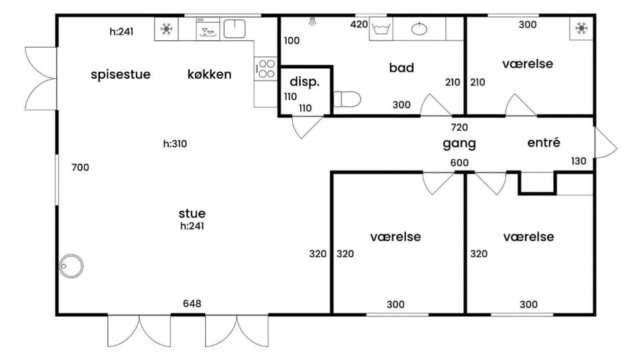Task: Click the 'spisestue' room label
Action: click(121, 75)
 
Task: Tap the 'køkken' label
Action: click(209, 74)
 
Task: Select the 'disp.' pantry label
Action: click(305, 82)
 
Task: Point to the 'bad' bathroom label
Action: click(401, 68)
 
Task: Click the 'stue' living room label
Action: click(192, 213)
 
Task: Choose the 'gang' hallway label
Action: click(459, 144)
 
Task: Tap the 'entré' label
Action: click(544, 143)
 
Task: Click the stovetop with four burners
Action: click(266, 68)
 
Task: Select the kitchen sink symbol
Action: click(235, 29)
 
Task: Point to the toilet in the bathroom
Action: click(347, 99)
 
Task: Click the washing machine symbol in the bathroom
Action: click(381, 29)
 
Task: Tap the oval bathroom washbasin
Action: click(419, 29)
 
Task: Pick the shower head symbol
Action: click(312, 21)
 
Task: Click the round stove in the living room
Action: click(71, 267)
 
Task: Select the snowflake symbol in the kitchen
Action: click(166, 29)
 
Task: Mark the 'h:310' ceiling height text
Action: click(175, 144)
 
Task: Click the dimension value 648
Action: click(192, 304)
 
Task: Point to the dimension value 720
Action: click(459, 127)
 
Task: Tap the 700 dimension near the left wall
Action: click(80, 167)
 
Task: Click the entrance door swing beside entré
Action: click(605, 143)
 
